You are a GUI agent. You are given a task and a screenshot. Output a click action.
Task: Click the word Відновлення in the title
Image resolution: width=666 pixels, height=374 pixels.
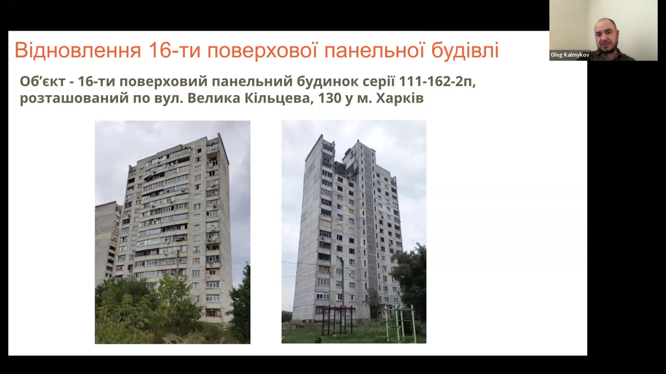click(x=78, y=50)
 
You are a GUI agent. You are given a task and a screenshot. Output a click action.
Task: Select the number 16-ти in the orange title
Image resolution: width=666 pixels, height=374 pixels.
click(x=174, y=50)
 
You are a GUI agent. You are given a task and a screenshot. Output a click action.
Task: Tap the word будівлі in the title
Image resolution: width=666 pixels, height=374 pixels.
click(x=465, y=50)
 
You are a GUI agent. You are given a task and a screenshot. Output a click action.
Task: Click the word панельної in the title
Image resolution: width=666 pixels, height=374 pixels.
click(x=374, y=51)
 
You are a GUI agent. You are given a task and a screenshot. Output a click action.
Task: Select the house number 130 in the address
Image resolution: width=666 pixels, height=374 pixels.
click(x=330, y=98)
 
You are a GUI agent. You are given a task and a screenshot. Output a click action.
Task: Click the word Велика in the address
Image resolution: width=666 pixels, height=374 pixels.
click(x=214, y=98)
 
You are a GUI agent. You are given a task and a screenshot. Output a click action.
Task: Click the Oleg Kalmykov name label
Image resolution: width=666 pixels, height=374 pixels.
click(x=570, y=55)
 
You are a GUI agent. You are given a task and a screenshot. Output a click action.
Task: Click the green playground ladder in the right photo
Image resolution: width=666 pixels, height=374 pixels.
click(x=393, y=324)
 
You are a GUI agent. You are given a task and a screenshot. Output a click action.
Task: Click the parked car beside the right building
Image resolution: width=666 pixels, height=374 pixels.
click(x=305, y=323)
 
